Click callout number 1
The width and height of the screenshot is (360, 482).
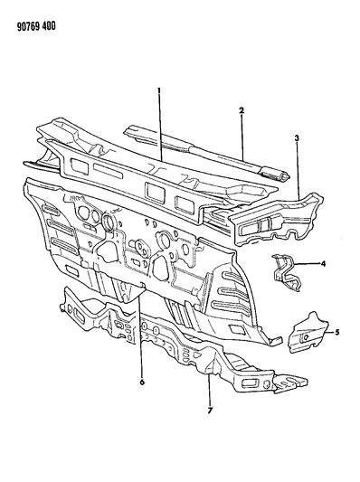(159, 92)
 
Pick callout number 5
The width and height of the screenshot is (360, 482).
(337, 333)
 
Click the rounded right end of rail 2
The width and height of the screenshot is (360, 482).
(282, 172)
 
